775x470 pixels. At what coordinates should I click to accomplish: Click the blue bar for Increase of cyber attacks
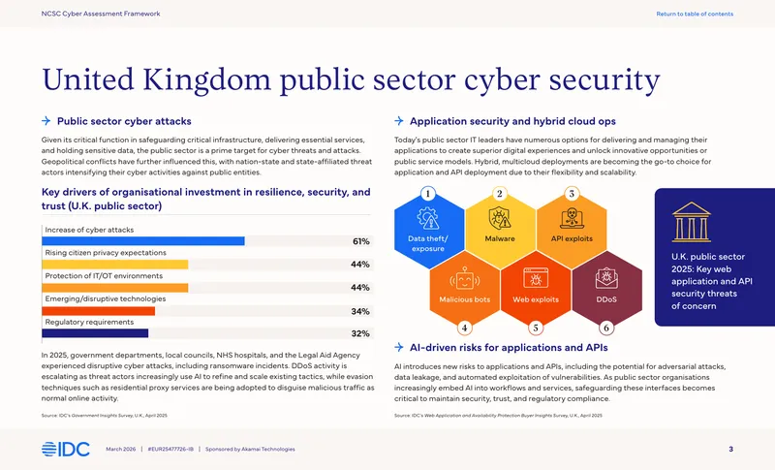[x=143, y=241]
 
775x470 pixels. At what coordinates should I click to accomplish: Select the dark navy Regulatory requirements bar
[x=95, y=333]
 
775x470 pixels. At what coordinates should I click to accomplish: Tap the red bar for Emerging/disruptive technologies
[x=99, y=311]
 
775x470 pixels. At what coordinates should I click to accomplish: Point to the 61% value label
[x=360, y=241]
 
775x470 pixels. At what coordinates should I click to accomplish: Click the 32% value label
[x=360, y=333]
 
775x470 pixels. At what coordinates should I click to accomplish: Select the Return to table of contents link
[x=695, y=14]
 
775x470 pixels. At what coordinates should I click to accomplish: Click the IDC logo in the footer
[x=66, y=449]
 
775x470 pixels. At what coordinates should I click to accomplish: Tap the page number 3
[x=731, y=449]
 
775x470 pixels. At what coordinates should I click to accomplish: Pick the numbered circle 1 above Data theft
[x=428, y=193]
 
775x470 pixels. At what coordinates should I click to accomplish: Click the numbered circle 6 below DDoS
[x=606, y=328]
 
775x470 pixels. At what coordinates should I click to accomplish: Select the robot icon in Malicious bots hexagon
[x=465, y=278]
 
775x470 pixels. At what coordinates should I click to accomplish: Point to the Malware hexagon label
[x=500, y=238]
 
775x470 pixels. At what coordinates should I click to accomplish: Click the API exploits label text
[x=572, y=238]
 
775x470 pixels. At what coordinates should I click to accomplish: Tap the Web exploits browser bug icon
[x=536, y=278]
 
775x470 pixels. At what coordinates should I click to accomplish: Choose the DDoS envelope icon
[x=606, y=278]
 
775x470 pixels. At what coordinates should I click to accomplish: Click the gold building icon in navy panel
[x=691, y=222]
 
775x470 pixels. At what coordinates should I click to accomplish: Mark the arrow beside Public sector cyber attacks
[x=46, y=121]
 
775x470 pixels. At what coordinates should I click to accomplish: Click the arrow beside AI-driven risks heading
[x=399, y=348]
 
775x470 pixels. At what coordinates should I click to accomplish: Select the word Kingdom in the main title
[x=207, y=80]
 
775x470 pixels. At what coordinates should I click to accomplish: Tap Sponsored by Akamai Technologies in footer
[x=250, y=450]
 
